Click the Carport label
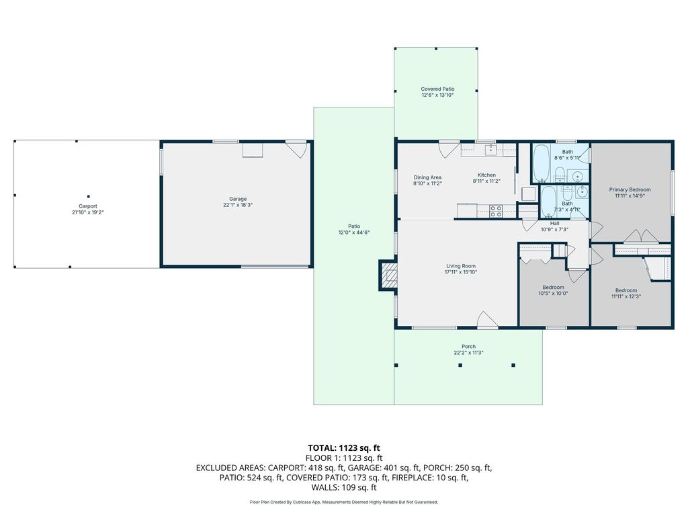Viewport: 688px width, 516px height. coord(88,206)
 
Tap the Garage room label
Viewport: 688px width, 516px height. coord(238,199)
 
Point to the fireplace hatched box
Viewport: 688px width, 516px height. coord(388,275)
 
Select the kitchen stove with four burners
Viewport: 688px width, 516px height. coord(496,211)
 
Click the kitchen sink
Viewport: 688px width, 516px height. coord(490,150)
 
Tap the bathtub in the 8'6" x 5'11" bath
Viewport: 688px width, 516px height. coord(542,163)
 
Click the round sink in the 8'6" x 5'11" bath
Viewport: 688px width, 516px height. coord(578,177)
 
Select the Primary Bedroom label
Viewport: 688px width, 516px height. coord(630,190)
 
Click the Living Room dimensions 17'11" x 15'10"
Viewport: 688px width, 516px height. coord(461,272)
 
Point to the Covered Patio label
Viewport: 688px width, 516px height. coord(437,89)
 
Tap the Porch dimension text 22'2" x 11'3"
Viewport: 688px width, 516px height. coord(468,352)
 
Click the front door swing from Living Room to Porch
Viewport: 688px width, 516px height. coord(487,319)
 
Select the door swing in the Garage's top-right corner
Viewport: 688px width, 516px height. coord(296,149)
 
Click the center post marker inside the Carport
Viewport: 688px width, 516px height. coord(88,197)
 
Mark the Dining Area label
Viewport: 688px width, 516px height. coord(427,177)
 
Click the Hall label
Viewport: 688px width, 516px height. coord(554,223)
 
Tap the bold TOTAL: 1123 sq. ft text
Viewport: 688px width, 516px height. coord(343,448)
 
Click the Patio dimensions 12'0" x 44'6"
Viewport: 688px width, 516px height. coord(353,232)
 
